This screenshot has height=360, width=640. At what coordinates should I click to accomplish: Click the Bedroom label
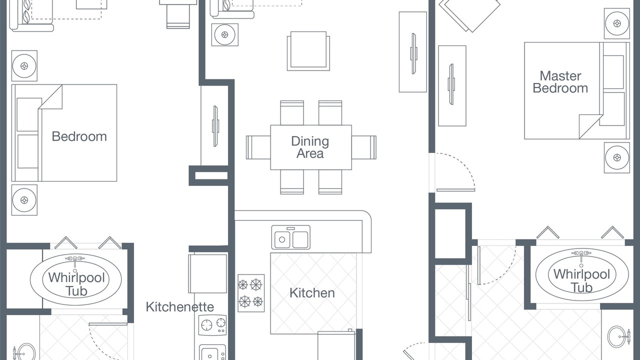(x=79, y=136)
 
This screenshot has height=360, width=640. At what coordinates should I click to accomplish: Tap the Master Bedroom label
(x=560, y=82)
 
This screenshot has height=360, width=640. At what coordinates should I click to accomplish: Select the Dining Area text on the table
(x=310, y=147)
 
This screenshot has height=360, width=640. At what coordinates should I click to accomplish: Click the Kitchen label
(x=312, y=293)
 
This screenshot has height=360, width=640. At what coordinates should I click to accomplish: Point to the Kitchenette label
(x=179, y=307)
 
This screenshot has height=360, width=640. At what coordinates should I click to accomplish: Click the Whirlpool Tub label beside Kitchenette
(x=76, y=284)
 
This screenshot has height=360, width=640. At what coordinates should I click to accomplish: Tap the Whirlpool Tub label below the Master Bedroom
(x=581, y=280)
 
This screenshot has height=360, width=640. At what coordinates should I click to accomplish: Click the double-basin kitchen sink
(x=291, y=237)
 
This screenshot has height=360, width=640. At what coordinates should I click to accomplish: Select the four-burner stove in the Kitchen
(x=251, y=293)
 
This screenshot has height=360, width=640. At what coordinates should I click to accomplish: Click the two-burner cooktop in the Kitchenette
(x=212, y=325)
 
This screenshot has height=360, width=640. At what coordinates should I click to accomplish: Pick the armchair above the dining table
(x=308, y=51)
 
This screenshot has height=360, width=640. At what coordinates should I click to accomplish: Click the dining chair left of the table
(x=258, y=147)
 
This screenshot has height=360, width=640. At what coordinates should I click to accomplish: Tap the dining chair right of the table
(x=364, y=147)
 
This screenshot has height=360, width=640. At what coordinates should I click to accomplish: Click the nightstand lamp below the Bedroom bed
(x=24, y=200)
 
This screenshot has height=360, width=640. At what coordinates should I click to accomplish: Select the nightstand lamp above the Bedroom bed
(x=24, y=66)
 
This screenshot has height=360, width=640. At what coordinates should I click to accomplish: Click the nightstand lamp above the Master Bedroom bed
(x=617, y=23)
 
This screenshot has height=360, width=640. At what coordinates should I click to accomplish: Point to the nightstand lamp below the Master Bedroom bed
(x=617, y=157)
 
